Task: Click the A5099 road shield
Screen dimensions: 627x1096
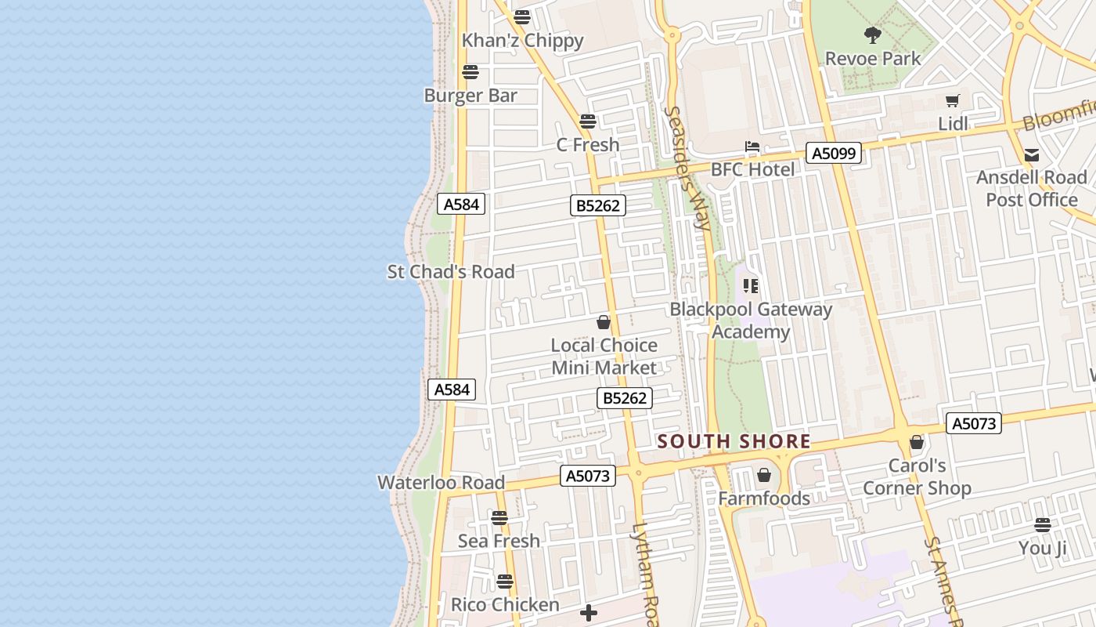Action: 834,154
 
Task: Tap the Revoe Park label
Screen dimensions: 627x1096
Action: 873,59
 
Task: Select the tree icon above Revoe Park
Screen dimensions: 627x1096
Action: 872,34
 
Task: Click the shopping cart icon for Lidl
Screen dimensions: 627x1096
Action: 953,100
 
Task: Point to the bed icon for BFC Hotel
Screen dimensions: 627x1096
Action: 752,147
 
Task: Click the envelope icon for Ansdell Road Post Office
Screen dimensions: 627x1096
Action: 1032,155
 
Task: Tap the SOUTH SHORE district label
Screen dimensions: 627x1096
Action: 734,441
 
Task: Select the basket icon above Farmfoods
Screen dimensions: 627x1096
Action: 764,475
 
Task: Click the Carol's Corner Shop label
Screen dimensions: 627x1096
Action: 917,477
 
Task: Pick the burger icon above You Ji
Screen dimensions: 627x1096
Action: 1042,525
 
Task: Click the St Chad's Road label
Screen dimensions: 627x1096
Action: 451,272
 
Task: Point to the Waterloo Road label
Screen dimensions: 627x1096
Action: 441,483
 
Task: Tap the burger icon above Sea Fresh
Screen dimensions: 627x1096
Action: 499,518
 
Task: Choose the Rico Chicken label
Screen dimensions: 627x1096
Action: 505,605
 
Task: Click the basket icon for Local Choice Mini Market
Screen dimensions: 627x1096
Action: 604,322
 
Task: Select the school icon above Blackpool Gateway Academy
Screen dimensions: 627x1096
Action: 751,286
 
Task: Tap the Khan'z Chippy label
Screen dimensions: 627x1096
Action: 522,41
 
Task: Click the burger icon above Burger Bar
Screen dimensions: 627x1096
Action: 470,72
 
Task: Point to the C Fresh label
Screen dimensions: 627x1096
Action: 587,145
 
